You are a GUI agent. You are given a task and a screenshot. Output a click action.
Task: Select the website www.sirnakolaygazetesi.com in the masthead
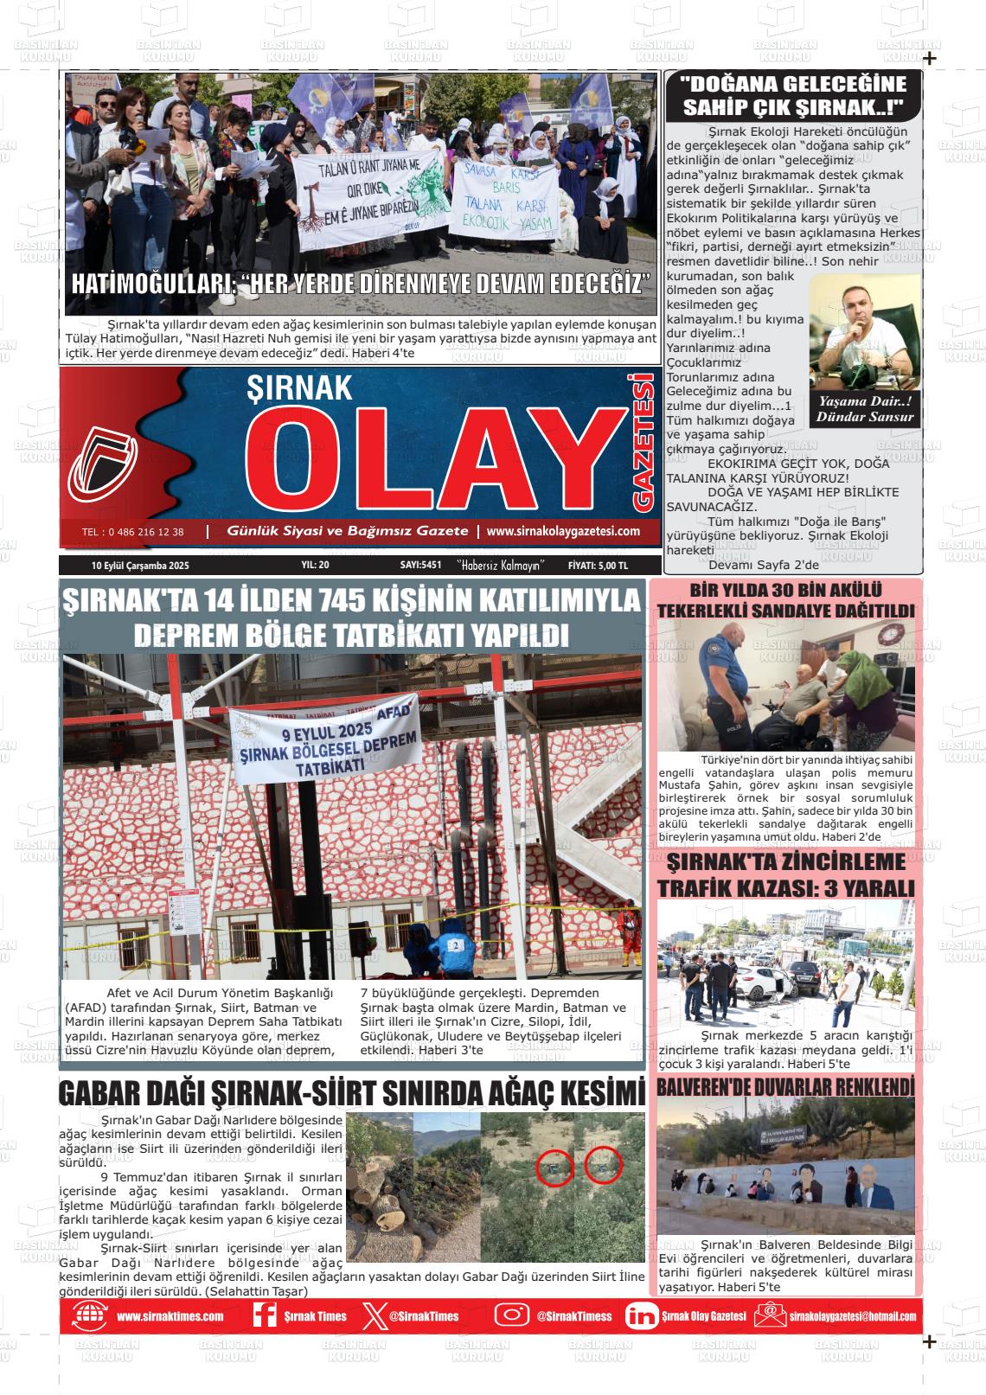[563, 531]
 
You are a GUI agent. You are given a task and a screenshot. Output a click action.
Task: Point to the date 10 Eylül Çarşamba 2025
[140, 566]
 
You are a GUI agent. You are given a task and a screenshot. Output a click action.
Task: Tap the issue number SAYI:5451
[420, 566]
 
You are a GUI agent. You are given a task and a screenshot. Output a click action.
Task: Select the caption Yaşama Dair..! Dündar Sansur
[865, 409]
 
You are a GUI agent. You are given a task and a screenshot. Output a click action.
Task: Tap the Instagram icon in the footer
[512, 1315]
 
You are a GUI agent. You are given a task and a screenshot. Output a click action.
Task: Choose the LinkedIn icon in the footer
[641, 1316]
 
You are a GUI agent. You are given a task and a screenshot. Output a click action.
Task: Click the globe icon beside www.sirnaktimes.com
[90, 1316]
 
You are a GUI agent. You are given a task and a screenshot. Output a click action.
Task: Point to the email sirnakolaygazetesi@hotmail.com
[852, 1316]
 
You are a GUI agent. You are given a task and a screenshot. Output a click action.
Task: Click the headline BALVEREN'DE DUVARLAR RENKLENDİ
[785, 1085]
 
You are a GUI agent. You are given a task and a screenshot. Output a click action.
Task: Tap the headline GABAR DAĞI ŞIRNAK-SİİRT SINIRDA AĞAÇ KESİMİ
[351, 1093]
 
